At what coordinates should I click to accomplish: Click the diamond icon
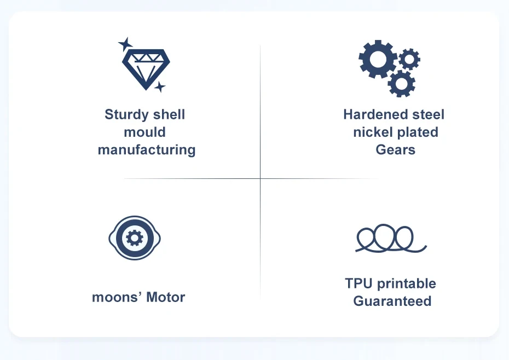pyautogui.click(x=145, y=67)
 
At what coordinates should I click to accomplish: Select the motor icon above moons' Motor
pyautogui.click(x=135, y=237)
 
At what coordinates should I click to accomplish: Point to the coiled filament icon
pyautogui.click(x=391, y=239)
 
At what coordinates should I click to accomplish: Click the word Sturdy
pyautogui.click(x=126, y=115)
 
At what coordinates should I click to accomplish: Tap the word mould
pyautogui.click(x=144, y=132)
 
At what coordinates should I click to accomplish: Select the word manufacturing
pyautogui.click(x=147, y=150)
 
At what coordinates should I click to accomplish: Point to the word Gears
pyautogui.click(x=395, y=150)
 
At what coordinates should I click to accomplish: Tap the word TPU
pyautogui.click(x=359, y=283)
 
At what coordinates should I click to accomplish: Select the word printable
pyautogui.click(x=407, y=284)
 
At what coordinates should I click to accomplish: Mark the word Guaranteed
pyautogui.click(x=392, y=301)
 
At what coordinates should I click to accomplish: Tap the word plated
pyautogui.click(x=417, y=132)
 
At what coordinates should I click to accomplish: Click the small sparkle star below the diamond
pyautogui.click(x=159, y=87)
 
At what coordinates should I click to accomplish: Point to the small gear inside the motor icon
pyautogui.click(x=135, y=237)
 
